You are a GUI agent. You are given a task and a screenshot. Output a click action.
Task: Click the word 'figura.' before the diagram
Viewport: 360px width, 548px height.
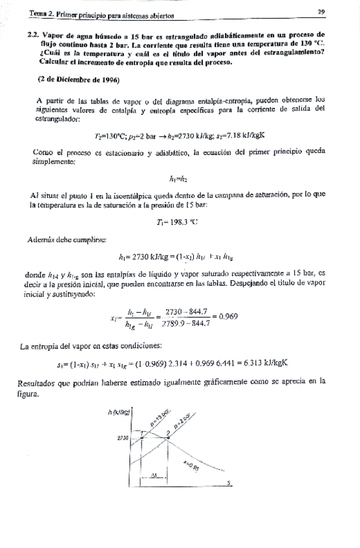pos(30,394)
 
